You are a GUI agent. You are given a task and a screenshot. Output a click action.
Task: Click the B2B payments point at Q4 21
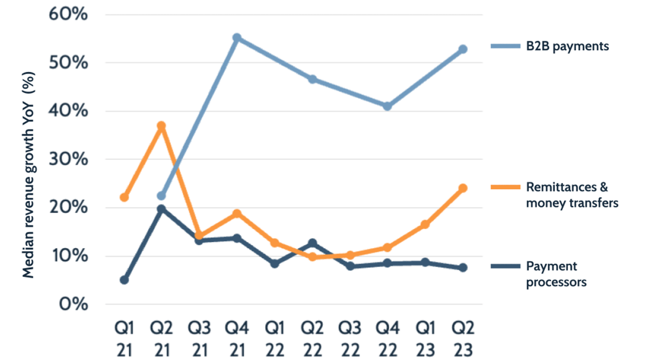237,38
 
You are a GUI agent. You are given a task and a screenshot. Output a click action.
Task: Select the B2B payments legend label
567,47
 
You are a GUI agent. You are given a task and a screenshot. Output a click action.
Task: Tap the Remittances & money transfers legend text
571,195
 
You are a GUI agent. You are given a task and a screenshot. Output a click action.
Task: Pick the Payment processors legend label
556,274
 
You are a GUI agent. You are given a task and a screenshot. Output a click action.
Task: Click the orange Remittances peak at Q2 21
162,126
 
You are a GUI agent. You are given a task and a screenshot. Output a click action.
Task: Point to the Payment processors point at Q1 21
124,280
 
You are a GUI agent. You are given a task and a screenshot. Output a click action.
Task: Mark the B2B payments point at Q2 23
463,49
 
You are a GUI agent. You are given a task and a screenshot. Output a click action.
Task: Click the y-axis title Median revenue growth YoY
30,174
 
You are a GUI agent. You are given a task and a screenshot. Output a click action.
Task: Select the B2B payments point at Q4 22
388,106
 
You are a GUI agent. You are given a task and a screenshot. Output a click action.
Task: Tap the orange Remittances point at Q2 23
463,188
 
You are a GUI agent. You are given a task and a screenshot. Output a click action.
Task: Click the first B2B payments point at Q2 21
162,196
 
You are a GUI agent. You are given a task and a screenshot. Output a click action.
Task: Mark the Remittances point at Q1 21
124,197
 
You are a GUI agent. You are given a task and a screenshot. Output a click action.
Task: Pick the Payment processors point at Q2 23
463,268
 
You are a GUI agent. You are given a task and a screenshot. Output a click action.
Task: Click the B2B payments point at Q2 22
312,79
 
